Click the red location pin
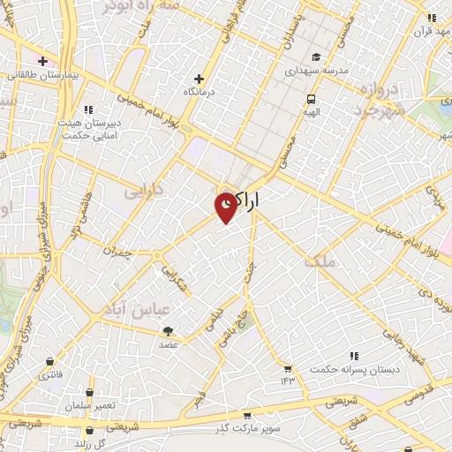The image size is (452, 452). click(x=226, y=207)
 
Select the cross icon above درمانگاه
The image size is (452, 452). click(x=200, y=79)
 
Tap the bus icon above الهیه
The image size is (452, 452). click(x=311, y=99)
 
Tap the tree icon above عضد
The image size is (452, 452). click(x=168, y=330)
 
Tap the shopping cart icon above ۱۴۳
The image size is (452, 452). click(x=287, y=367)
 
